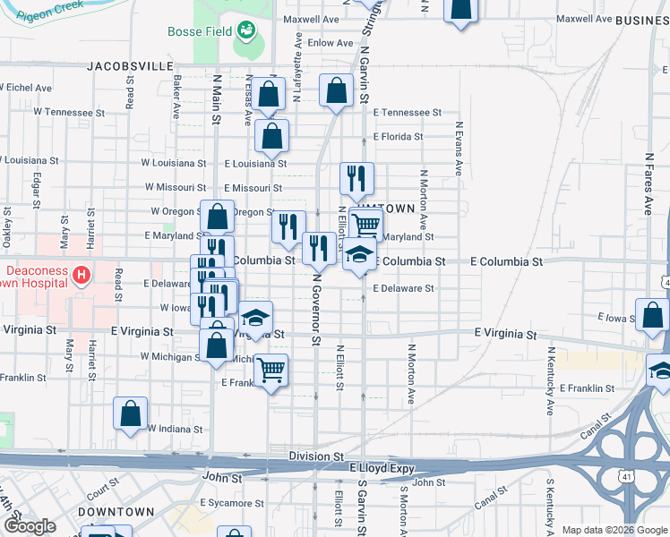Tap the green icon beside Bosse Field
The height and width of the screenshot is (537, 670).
coord(245,32)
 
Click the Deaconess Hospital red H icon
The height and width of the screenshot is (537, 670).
coord(82,273)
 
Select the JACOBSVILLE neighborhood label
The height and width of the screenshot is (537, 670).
coord(130,66)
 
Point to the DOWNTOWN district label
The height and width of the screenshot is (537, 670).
coord(116,511)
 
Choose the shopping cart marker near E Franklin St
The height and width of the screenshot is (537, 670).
coord(271,369)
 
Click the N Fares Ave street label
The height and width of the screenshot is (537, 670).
coord(649,183)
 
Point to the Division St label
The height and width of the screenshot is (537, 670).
coord(316,456)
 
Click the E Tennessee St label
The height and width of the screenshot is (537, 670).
coord(408,113)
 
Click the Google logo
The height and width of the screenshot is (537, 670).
coord(29,527)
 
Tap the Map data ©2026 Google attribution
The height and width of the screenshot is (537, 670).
coord(614,530)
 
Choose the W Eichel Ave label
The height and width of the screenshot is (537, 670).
coord(29,88)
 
